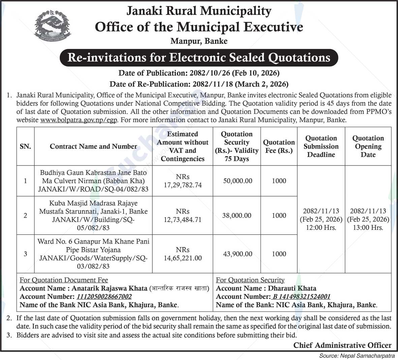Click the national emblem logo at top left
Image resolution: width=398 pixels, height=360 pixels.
pos(53,26)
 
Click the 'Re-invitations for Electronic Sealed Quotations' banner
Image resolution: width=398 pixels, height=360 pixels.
pos(199,57)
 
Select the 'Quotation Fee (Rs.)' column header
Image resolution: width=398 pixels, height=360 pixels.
pos(279,146)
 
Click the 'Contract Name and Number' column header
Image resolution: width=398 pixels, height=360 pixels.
pos(93,146)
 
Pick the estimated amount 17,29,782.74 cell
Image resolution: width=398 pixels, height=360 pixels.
pos(183,181)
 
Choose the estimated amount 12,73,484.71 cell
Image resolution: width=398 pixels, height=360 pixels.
pos(183,216)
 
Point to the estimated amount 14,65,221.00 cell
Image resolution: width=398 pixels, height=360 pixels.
pos(183,254)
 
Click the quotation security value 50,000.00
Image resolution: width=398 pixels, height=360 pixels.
pos(238,181)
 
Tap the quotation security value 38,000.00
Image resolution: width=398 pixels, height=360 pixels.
pos(237,215)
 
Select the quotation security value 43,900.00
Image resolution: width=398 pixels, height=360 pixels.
pos(238,254)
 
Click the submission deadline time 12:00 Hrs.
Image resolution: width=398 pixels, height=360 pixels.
pos(321,228)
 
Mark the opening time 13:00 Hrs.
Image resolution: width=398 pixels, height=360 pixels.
pos(368,228)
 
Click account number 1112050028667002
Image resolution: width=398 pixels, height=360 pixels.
pos(104,297)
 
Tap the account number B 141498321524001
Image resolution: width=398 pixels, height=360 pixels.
pos(301,297)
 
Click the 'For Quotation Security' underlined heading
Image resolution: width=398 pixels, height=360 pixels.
pos(250,280)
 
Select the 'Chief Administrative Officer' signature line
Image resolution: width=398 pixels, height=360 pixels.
pos(342,345)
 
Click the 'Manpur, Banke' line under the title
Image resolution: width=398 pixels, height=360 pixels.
pos(199,41)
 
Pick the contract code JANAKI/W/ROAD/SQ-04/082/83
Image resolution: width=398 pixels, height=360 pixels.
pos(93,189)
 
